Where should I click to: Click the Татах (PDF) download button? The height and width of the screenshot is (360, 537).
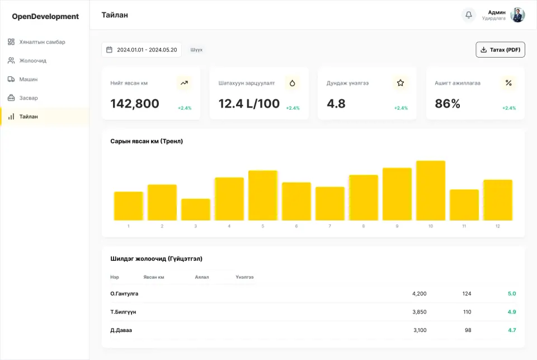(500, 50)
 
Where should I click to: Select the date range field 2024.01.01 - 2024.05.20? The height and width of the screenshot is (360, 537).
(142, 50)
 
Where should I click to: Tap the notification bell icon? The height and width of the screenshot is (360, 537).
(469, 15)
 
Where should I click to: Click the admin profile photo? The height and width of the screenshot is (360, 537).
(517, 15)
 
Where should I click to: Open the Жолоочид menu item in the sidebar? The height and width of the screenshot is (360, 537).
(32, 60)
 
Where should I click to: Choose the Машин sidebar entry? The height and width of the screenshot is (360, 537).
(28, 79)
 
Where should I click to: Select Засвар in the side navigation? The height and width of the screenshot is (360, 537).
(28, 98)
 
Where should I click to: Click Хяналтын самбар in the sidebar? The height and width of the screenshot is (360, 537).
(42, 42)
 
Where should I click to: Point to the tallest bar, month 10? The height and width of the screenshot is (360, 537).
(431, 190)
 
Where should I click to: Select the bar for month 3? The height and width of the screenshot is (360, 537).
(196, 209)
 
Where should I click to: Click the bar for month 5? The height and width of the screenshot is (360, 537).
(263, 195)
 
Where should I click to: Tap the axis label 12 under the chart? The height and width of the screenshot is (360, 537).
(498, 226)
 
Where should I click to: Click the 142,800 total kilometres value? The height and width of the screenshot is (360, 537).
(135, 104)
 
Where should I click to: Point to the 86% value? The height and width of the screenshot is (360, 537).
(447, 104)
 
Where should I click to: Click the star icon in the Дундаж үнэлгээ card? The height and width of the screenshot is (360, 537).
(401, 83)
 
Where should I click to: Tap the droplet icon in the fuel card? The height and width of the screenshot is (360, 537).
(292, 83)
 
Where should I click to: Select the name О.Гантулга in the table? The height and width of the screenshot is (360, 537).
(124, 294)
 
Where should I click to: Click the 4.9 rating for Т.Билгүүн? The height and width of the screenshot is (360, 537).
(512, 312)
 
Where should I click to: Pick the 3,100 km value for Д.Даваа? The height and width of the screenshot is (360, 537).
(420, 330)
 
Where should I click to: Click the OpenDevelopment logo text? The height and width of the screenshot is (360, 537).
(45, 16)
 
